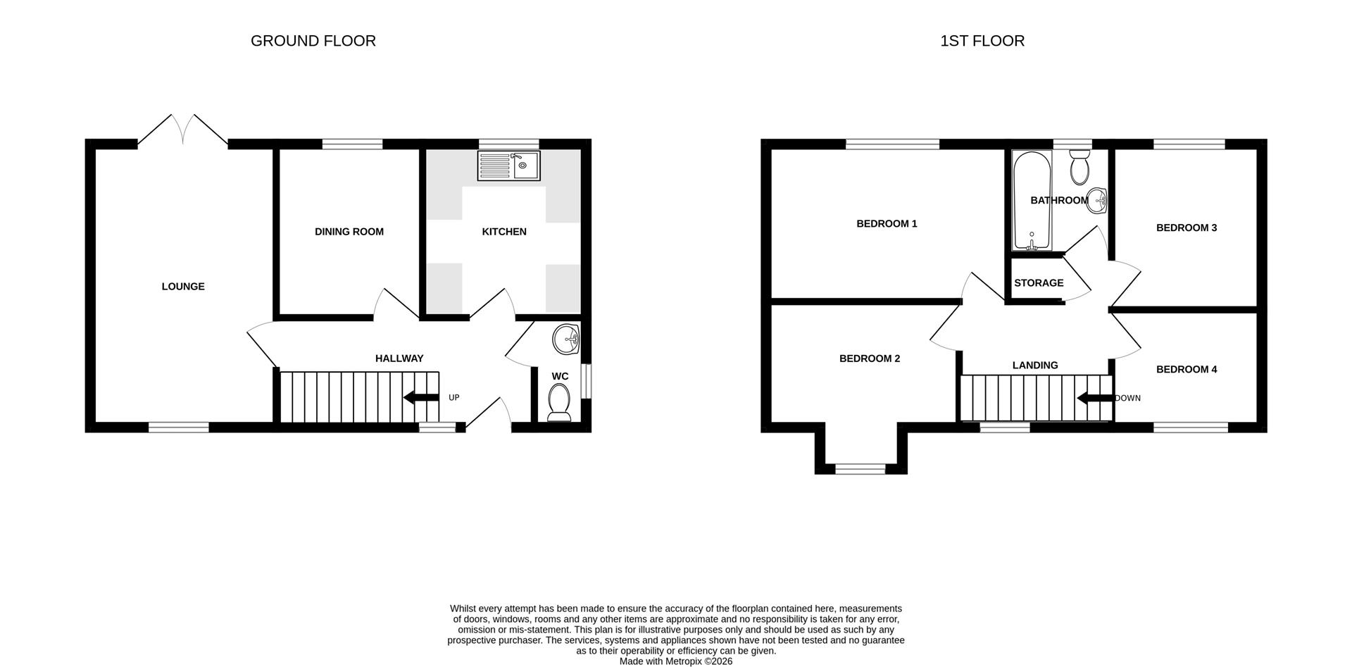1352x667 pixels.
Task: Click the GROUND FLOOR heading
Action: pos(313,41)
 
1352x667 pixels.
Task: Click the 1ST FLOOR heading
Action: pos(982,41)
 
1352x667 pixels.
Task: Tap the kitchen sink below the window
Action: pos(508,166)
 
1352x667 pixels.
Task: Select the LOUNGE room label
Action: pos(183,287)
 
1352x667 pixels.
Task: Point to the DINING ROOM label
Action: pos(349,232)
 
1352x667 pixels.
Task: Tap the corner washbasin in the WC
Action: pos(565,339)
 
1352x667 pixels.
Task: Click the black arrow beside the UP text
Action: pos(421,397)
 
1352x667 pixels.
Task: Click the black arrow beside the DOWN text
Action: pos(1095,399)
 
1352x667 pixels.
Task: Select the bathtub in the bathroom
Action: pos(1032,201)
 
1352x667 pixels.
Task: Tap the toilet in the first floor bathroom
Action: pos(1079,168)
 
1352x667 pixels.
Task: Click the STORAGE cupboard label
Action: pos(1039,283)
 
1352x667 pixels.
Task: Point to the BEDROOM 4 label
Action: pos(1187,369)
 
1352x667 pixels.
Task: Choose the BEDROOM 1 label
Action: pos(887,224)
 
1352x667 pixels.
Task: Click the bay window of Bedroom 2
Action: pos(860,467)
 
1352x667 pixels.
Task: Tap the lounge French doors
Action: pos(183,130)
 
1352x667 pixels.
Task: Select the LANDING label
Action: pos(1035,365)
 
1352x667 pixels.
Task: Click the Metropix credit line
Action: pos(676,661)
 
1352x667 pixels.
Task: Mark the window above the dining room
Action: pos(353,144)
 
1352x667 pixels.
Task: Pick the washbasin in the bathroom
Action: pos(1098,200)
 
